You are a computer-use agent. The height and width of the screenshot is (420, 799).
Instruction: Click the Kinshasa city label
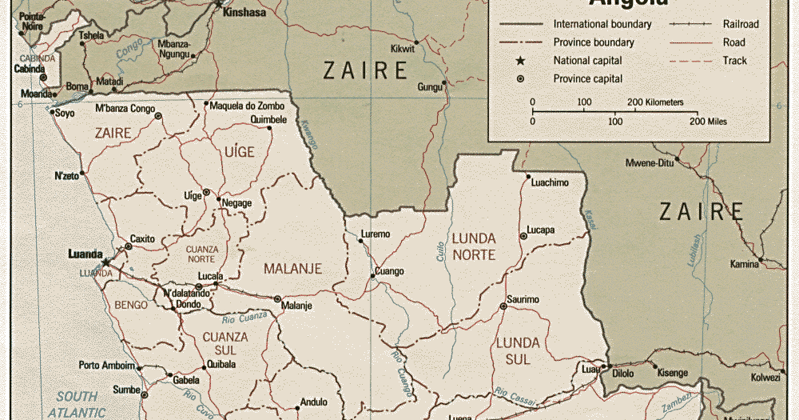tap(244, 13)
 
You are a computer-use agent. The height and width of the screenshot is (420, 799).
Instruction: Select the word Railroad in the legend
tap(741, 24)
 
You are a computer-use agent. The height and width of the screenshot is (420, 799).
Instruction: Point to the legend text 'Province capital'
tap(587, 78)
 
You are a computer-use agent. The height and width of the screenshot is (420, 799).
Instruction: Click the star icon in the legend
tap(520, 61)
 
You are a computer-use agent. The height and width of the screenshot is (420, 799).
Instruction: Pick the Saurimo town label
tap(523, 299)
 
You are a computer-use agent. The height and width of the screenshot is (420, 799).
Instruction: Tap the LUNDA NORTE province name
tap(474, 246)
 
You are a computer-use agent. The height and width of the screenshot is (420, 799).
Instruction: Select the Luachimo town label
tap(549, 182)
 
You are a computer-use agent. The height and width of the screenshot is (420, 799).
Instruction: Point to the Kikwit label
tap(403, 49)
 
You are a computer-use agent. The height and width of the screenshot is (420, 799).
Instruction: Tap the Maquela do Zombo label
tap(247, 104)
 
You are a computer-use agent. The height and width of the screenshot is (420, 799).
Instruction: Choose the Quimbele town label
tap(268, 119)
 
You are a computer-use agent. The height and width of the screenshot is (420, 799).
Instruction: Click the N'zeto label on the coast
tap(67, 175)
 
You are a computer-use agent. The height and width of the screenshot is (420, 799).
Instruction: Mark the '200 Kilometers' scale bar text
tap(655, 102)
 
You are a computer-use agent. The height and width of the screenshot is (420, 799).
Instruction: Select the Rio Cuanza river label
tap(244, 317)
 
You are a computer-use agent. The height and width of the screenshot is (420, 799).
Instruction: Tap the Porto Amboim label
tap(106, 366)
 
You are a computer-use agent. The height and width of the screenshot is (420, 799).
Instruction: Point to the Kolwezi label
tap(765, 377)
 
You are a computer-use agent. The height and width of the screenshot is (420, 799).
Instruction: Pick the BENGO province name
tap(131, 305)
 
